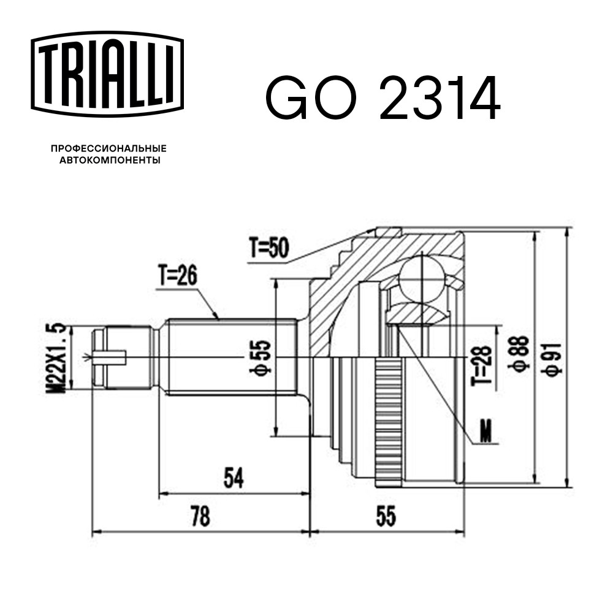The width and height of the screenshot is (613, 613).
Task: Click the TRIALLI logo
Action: (107, 74)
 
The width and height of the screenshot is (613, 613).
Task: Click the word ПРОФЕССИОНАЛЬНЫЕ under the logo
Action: (109, 148)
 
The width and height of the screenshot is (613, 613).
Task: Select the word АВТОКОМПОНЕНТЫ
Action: (110, 160)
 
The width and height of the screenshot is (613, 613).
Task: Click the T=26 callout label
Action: (178, 275)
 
